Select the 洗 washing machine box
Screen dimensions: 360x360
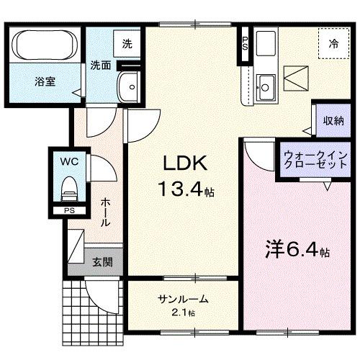click(127, 44)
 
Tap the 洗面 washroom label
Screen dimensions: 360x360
click(100, 65)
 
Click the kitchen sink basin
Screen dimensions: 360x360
click(264, 86)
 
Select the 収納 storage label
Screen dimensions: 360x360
click(332, 120)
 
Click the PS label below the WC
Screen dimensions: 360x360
click(69, 210)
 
